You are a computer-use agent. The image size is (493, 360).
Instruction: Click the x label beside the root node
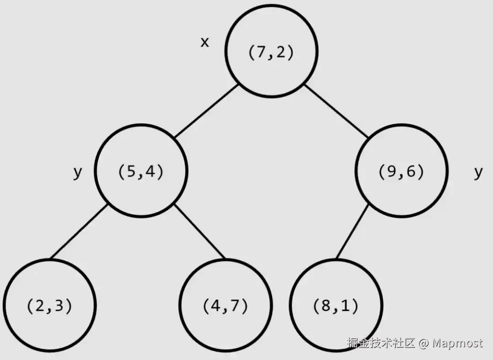(x=205, y=42)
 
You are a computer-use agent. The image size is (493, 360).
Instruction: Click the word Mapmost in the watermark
(x=457, y=343)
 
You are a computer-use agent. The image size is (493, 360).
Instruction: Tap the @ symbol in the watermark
(x=424, y=344)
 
